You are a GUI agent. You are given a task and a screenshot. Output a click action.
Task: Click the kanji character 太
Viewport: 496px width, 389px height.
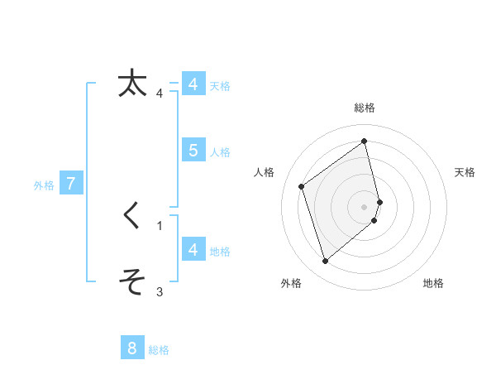point(132,84)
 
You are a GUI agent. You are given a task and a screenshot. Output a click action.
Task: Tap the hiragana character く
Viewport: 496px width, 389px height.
point(132,217)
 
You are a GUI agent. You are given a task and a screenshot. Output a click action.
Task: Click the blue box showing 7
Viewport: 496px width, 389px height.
point(71,184)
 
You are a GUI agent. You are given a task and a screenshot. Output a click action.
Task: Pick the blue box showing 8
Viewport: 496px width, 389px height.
point(132,348)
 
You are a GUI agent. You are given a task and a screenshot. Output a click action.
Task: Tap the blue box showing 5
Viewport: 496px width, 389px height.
point(193,150)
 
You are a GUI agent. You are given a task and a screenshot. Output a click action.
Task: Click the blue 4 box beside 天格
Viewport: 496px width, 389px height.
point(193,84)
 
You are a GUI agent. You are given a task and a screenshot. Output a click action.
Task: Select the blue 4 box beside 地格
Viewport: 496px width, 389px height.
point(193,249)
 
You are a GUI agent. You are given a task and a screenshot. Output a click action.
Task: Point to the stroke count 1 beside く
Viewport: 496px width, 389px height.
point(160,225)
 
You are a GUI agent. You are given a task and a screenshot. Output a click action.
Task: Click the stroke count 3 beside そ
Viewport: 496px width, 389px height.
point(160,291)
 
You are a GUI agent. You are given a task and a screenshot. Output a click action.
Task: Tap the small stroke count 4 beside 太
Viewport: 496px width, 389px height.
point(160,94)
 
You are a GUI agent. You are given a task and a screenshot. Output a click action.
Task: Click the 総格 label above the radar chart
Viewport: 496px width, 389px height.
point(365,108)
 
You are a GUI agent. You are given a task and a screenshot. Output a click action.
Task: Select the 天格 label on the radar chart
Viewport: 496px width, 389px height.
point(465,172)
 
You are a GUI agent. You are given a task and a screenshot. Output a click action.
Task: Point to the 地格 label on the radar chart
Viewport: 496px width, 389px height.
point(433,283)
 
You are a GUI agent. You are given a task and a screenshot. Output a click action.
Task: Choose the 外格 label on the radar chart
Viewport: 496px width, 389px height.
point(291,283)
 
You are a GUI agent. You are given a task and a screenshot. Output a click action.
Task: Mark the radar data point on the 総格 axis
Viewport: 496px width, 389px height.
point(365,141)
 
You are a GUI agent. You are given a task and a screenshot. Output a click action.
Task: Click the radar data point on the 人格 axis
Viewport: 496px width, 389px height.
point(302,186)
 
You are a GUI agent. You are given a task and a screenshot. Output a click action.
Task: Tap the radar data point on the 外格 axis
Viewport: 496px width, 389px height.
point(325,262)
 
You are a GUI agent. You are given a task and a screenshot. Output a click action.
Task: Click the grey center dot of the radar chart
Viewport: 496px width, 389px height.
point(365,206)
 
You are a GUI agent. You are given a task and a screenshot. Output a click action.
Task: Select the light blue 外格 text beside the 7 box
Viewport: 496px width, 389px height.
point(44,185)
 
